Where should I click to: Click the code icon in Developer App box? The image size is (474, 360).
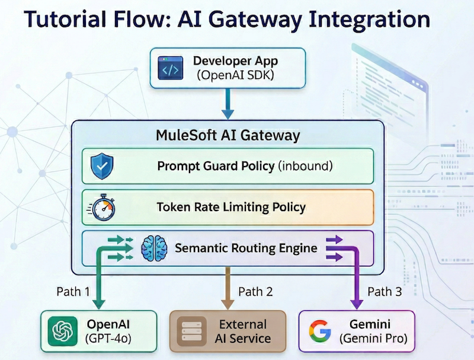(171, 69)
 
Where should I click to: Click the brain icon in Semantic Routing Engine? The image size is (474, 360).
(155, 248)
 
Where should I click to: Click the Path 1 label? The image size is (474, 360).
(73, 291)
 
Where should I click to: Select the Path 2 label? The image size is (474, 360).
(255, 291)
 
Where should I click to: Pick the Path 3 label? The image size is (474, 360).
(385, 291)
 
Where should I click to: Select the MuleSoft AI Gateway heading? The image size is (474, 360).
(228, 135)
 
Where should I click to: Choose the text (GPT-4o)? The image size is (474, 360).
(108, 339)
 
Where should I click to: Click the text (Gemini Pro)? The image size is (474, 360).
(373, 339)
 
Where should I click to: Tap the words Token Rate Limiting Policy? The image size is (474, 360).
(231, 208)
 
